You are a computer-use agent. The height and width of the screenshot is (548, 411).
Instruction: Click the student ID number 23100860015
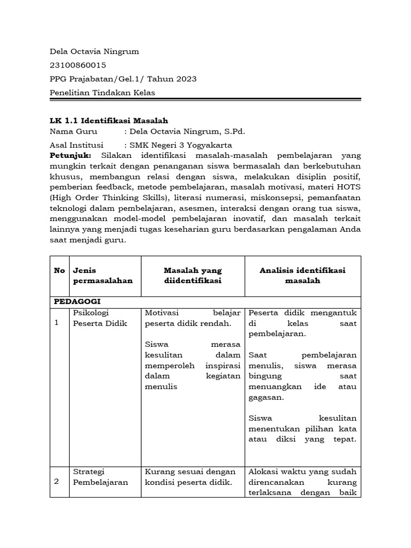coord(78,65)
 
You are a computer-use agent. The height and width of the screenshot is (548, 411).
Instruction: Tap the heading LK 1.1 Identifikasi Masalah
coord(109,121)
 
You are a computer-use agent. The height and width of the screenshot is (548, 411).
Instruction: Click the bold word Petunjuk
coord(71,155)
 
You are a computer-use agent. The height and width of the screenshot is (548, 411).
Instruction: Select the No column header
coord(59,270)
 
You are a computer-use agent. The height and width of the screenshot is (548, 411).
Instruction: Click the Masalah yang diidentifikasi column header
coord(193,276)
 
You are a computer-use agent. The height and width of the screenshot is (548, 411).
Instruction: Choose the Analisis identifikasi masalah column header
coord(302,276)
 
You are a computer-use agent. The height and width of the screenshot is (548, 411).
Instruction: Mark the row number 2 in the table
coord(57,482)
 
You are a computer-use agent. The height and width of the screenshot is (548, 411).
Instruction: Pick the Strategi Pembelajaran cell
coord(100,477)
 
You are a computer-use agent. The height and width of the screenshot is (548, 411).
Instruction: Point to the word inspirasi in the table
coord(223,366)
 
